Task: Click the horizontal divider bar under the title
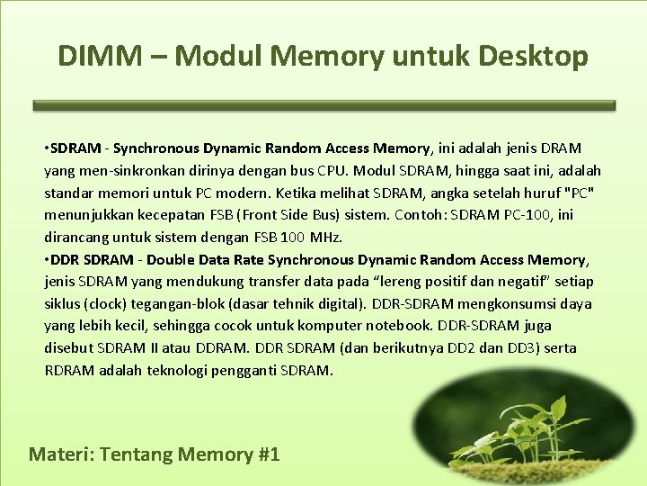(324, 105)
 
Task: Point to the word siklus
(64, 303)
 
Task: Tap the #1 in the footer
(269, 454)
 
